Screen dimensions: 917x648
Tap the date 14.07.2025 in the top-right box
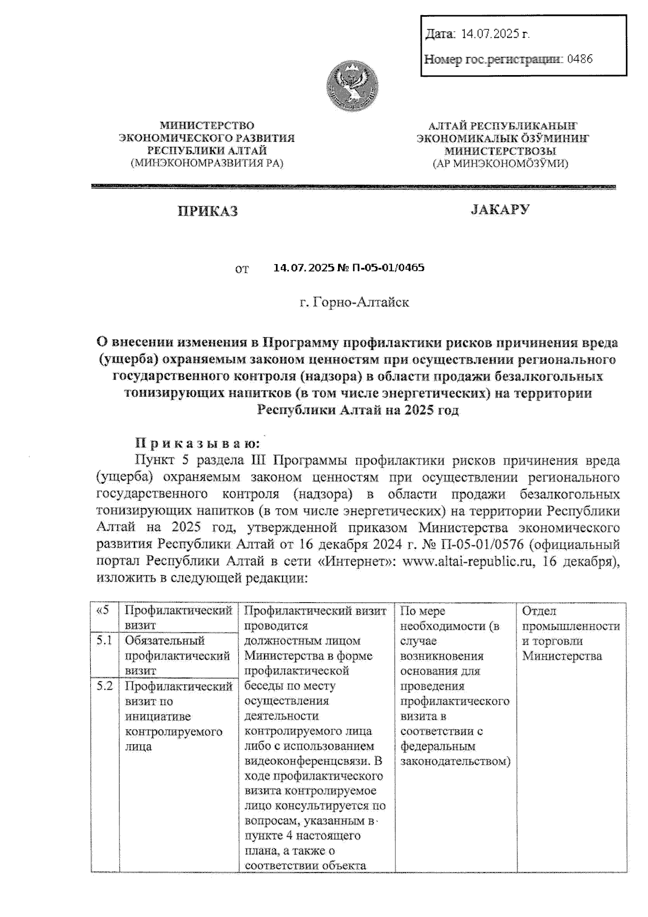click(492, 34)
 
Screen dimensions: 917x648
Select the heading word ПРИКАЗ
click(208, 211)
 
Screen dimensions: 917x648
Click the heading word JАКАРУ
click(500, 209)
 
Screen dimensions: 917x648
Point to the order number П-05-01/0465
click(388, 267)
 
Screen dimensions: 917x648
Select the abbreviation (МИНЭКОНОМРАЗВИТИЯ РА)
click(207, 163)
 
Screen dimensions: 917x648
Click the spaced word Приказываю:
click(198, 443)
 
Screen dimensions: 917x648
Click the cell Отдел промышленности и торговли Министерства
click(570, 633)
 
